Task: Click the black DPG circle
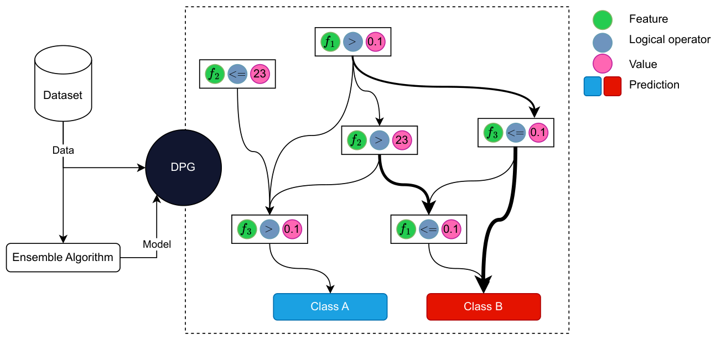[183, 168]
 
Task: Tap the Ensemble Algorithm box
[63, 257]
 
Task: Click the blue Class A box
[330, 307]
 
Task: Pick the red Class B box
[483, 307]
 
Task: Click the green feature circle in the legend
[602, 19]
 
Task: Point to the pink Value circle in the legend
[602, 64]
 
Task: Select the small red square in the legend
[613, 86]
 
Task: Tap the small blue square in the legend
[593, 86]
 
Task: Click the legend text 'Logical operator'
[670, 40]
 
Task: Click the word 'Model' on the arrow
[157, 244]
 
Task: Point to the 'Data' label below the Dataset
[63, 150]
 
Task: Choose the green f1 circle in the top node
[330, 41]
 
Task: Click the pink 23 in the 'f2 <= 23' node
[260, 75]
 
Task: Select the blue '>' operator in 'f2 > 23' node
[378, 140]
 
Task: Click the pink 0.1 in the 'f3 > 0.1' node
[292, 228]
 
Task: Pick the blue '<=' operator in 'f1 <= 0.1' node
[429, 228]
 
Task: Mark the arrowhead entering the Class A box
[330, 289]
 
